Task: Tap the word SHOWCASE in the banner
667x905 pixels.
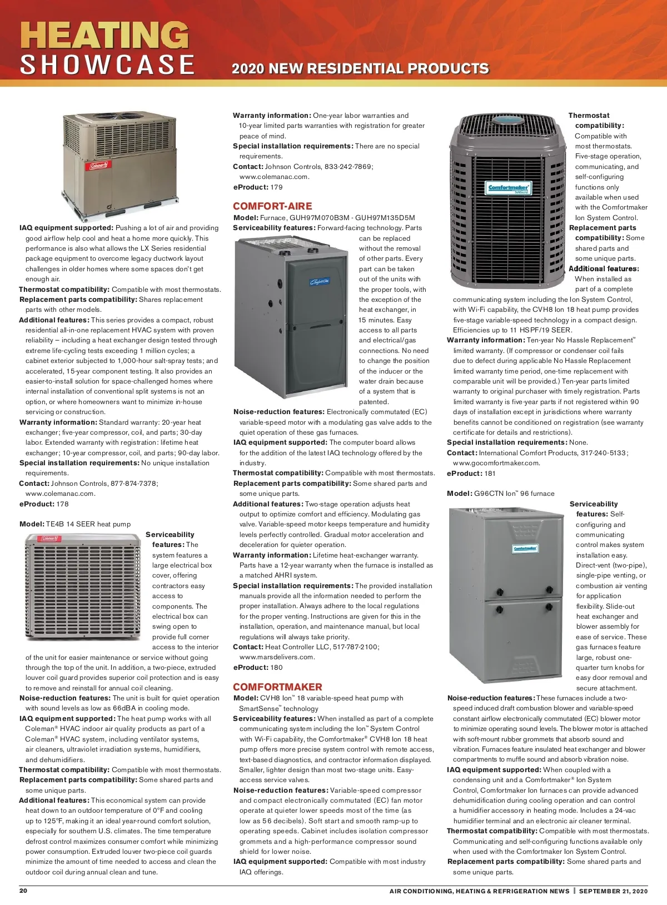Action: tap(107, 65)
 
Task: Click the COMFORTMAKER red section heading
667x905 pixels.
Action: tap(277, 687)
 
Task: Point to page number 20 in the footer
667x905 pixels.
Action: tap(23, 891)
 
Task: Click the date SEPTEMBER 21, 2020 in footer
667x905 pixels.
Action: tap(613, 891)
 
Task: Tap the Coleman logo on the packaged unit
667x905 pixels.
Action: tap(99, 166)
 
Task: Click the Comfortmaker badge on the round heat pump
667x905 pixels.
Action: tap(508, 188)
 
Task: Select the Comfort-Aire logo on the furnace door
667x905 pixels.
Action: tap(319, 282)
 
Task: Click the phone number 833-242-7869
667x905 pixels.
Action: tap(349, 167)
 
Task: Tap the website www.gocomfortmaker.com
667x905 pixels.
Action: tap(496, 463)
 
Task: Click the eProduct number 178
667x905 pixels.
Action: tap(62, 504)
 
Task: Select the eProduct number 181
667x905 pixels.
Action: tap(490, 474)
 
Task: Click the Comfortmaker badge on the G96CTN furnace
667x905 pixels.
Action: tap(525, 549)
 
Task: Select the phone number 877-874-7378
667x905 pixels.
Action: tap(134, 484)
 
